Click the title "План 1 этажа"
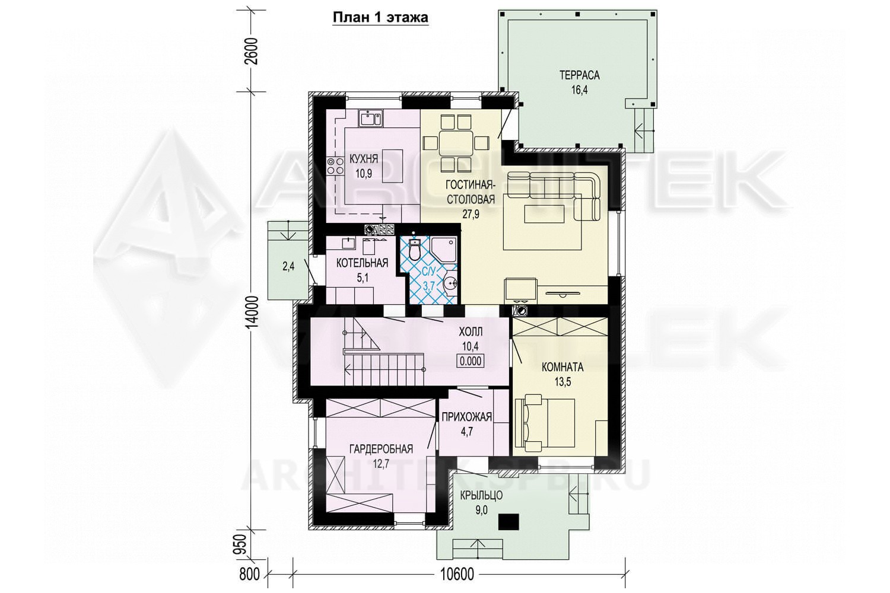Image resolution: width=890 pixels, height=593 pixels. [380, 18]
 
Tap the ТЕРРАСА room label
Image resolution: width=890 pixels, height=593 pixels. [579, 75]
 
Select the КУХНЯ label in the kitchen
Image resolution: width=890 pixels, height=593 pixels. [364, 160]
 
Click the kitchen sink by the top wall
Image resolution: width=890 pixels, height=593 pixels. [92, 119]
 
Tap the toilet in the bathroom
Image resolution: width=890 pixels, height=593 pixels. [414, 249]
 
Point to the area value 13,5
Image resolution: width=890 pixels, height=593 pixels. [562, 382]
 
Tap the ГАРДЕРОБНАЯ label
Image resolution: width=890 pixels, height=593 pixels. [381, 449]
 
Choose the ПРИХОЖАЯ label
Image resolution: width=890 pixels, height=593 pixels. [467, 417]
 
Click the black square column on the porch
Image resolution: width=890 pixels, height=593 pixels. [508, 522]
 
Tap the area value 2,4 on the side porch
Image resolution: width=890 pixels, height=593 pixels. [288, 266]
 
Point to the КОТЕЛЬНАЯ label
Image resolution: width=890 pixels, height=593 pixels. [362, 263]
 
